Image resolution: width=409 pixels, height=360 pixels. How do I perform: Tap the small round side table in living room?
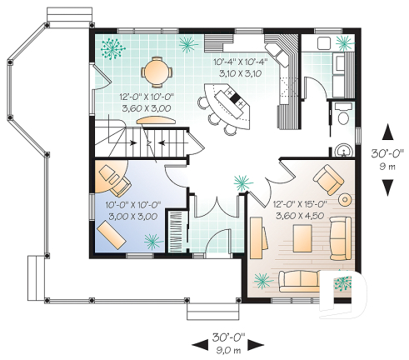(344, 200)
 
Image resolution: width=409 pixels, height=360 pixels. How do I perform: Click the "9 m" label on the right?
(387, 166)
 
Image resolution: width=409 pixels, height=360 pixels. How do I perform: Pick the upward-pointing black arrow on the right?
(387, 132)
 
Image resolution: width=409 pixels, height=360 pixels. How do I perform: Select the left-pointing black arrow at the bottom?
(197, 342)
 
